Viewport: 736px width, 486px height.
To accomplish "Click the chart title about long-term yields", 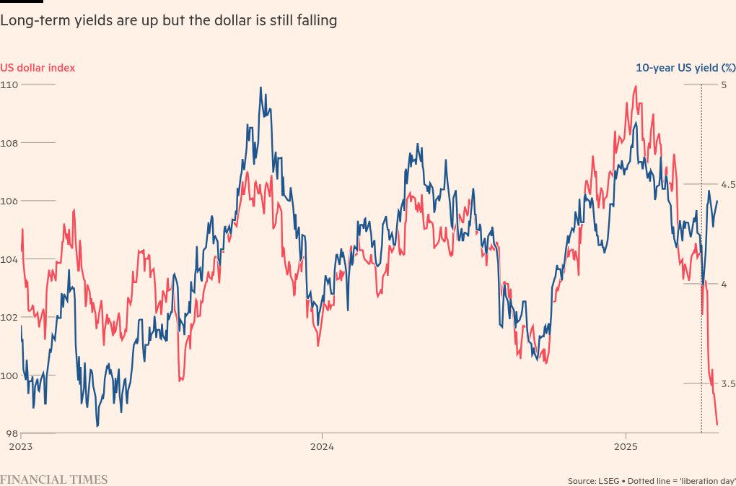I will [x=168, y=21].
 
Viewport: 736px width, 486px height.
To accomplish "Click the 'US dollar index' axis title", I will [x=38, y=68].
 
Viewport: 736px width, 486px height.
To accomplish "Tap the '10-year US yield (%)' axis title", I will [x=685, y=68].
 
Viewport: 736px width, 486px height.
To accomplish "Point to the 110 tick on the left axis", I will [x=9, y=84].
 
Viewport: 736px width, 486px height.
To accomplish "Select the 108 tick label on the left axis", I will [x=9, y=143].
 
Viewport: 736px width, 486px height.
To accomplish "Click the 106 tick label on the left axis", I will [x=9, y=201].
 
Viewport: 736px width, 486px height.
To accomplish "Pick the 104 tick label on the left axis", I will [x=9, y=259].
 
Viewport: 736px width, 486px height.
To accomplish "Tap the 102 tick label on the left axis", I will [x=9, y=317].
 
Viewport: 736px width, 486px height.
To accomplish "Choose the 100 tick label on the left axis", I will [x=9, y=376].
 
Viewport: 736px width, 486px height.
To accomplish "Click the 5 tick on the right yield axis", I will [x=724, y=84].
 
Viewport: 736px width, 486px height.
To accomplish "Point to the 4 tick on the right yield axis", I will [x=724, y=284].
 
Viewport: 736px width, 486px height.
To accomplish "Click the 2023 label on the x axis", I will [x=20, y=446].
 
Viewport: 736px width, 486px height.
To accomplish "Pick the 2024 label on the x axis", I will [x=323, y=446].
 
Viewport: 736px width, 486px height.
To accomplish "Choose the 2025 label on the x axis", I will [x=626, y=446].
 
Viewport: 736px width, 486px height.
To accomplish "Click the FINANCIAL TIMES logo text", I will [x=53, y=480].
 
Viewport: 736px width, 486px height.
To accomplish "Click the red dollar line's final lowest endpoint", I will [x=717, y=425].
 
